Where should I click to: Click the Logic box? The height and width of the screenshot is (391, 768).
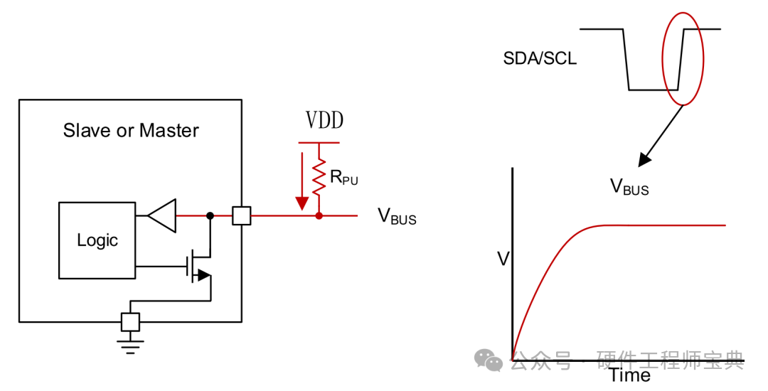(x=97, y=240)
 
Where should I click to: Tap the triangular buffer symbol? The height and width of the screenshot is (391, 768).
(x=163, y=215)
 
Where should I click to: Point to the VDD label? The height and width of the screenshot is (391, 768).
(x=324, y=121)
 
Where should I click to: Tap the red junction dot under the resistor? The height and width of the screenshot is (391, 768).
(x=319, y=215)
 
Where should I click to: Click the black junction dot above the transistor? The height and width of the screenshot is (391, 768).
(x=210, y=215)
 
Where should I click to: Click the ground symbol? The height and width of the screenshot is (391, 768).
(x=130, y=346)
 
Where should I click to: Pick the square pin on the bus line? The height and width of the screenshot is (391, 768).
(x=242, y=215)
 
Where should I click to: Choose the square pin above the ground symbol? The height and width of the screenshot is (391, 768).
(x=130, y=321)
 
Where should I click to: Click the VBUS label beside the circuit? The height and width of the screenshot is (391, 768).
(x=397, y=216)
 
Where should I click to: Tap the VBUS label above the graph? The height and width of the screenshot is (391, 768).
(x=629, y=187)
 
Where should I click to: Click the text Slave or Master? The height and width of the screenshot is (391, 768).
(x=131, y=131)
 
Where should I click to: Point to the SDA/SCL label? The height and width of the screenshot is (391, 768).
(x=540, y=59)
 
